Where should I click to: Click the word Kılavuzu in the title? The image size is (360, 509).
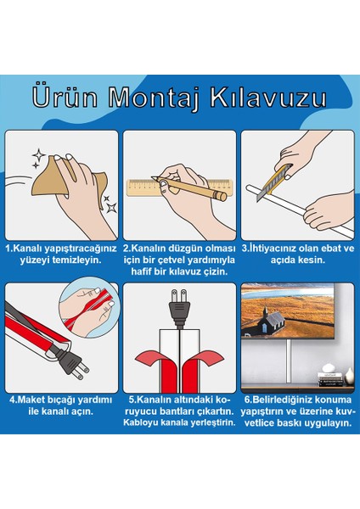pos(272,96)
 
